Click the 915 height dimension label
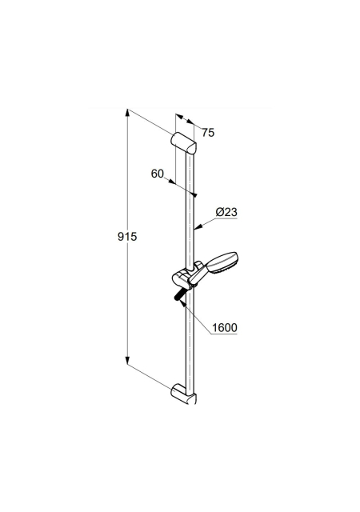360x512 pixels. [127, 236]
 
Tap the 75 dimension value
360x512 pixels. [208, 133]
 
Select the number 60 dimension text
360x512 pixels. [157, 174]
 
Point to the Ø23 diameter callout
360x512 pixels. [226, 212]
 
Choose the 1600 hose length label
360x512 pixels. [225, 327]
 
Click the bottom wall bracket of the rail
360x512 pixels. [183, 394]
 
